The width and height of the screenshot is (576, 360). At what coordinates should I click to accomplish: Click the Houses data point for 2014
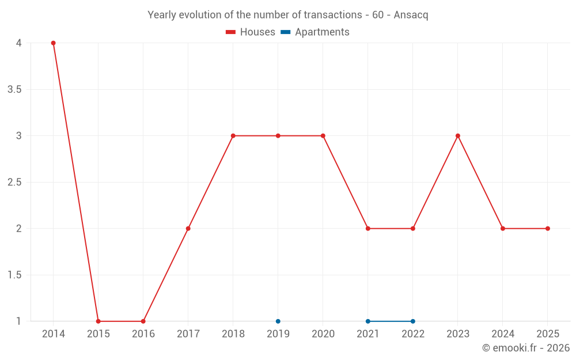pos(53,43)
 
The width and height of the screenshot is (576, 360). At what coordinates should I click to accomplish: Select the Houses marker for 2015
pos(98,321)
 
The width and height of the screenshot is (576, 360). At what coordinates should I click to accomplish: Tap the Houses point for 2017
pos(188,229)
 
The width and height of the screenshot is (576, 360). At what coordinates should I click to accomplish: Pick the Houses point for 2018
pos(233,136)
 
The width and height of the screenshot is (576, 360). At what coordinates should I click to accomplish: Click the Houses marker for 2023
pos(458,136)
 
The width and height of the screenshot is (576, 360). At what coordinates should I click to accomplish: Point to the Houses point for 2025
pos(548,229)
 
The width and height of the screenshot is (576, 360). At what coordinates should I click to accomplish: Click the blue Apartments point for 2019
pos(278,321)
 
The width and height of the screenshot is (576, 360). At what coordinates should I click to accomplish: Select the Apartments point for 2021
pos(368,321)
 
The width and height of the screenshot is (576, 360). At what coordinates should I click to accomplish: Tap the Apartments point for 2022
pos(413,321)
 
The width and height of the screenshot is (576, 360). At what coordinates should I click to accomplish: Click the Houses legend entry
pos(251,32)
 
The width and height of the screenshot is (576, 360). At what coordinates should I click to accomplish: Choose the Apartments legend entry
pos(315,32)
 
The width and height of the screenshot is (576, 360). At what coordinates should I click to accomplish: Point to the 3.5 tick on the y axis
pos(14,89)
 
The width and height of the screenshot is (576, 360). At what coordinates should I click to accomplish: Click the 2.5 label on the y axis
pos(14,182)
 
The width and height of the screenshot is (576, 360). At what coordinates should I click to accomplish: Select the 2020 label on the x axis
pos(323,334)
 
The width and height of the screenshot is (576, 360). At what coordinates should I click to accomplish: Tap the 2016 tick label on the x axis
pos(143,334)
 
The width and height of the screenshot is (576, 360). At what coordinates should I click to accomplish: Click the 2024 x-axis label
pos(503,334)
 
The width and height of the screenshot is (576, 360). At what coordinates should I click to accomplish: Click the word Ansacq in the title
pos(411,15)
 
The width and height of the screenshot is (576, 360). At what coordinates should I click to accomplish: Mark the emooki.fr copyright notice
pos(525,348)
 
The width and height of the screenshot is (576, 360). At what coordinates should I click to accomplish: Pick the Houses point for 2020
pos(323,136)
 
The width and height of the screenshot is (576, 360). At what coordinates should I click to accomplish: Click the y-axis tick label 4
pos(19,43)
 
